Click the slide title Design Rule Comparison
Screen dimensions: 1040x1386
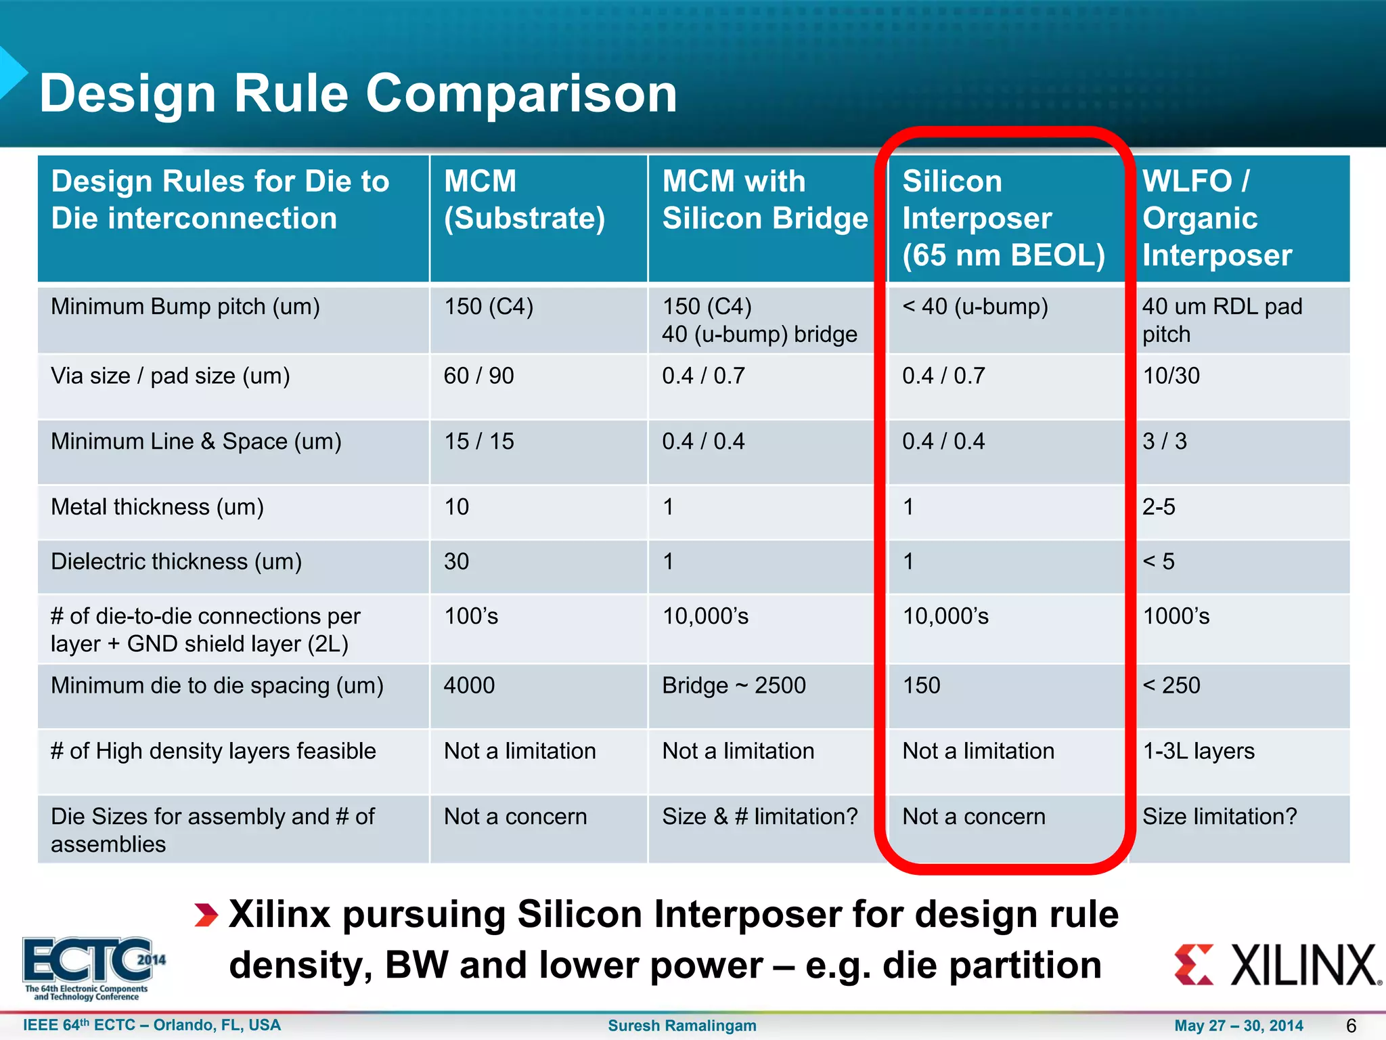[358, 93]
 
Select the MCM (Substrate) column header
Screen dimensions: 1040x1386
[524, 200]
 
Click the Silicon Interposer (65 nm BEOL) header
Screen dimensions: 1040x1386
[1003, 218]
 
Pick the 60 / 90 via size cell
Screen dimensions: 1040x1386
[478, 376]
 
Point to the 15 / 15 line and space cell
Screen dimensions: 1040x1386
[478, 441]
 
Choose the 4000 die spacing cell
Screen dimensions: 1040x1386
[469, 685]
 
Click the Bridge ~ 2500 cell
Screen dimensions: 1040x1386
[734, 685]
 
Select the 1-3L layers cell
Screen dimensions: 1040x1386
[1198, 751]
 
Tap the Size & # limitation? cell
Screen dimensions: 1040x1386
[759, 817]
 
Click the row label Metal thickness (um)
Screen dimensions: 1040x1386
[157, 507]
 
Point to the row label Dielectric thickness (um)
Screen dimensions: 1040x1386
[176, 562]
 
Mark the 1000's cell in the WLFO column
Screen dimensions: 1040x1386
[1176, 616]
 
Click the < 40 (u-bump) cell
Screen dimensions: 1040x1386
[975, 307]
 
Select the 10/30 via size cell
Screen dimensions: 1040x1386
[1171, 376]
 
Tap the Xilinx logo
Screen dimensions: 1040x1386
[1276, 965]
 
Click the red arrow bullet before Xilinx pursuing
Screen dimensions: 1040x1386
[206, 915]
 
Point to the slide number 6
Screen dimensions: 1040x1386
[1351, 1026]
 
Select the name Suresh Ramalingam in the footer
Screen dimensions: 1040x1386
[681, 1026]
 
